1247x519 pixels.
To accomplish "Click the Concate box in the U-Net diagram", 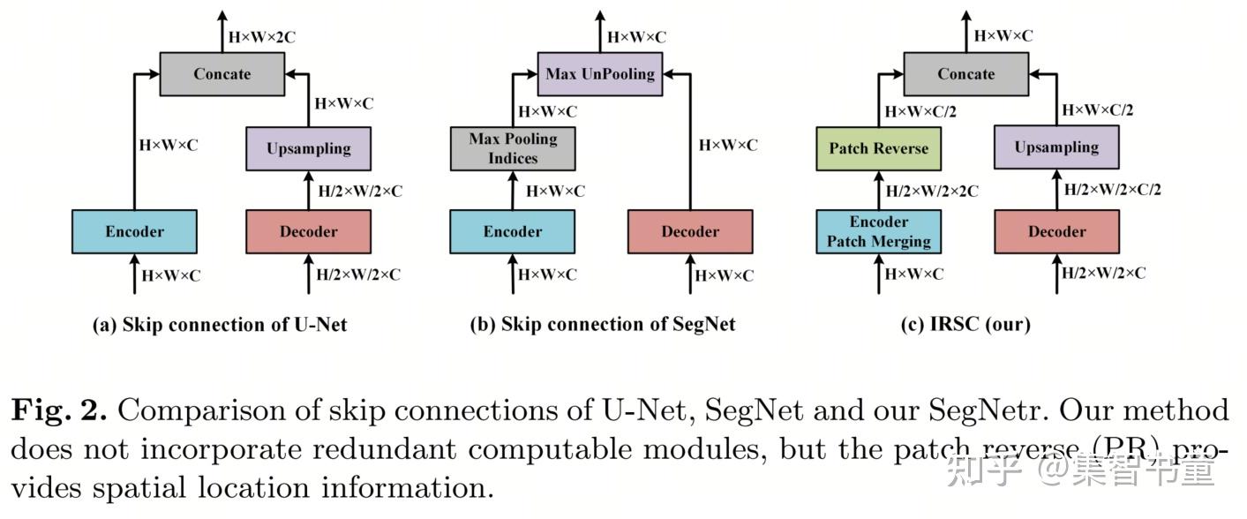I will click(x=222, y=74).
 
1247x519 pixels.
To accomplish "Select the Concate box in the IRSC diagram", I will click(x=965, y=74).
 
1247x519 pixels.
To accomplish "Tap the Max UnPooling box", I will click(x=600, y=74).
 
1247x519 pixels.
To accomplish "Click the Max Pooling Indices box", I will click(x=513, y=148).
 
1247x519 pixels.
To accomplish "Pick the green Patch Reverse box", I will click(x=878, y=148).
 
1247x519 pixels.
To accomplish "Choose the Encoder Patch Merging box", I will click(x=878, y=231).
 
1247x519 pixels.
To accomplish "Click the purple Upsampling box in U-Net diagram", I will click(x=308, y=148).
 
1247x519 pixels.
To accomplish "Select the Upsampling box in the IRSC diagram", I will click(x=1056, y=147).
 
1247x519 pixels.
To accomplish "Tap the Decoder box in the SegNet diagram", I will click(x=690, y=231).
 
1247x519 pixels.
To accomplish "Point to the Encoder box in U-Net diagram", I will click(x=134, y=231).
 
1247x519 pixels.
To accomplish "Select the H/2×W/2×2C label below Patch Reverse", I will click(x=932, y=191).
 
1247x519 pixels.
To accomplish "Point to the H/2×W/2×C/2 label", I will click(x=1113, y=189).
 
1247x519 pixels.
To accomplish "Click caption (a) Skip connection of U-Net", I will click(x=220, y=325).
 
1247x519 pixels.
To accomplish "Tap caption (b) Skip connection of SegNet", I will click(x=603, y=325).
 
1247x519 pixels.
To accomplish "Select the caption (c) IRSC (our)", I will click(x=965, y=325).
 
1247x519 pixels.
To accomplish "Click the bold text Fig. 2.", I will click(x=58, y=411).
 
